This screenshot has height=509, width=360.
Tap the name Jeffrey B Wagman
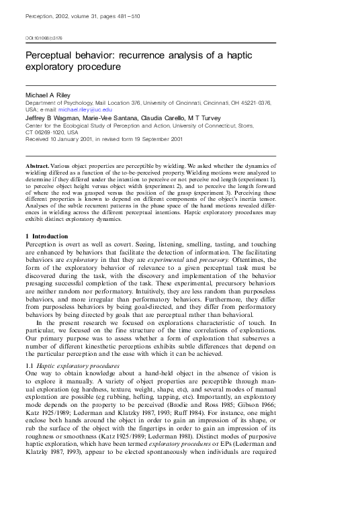click(x=49, y=115)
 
